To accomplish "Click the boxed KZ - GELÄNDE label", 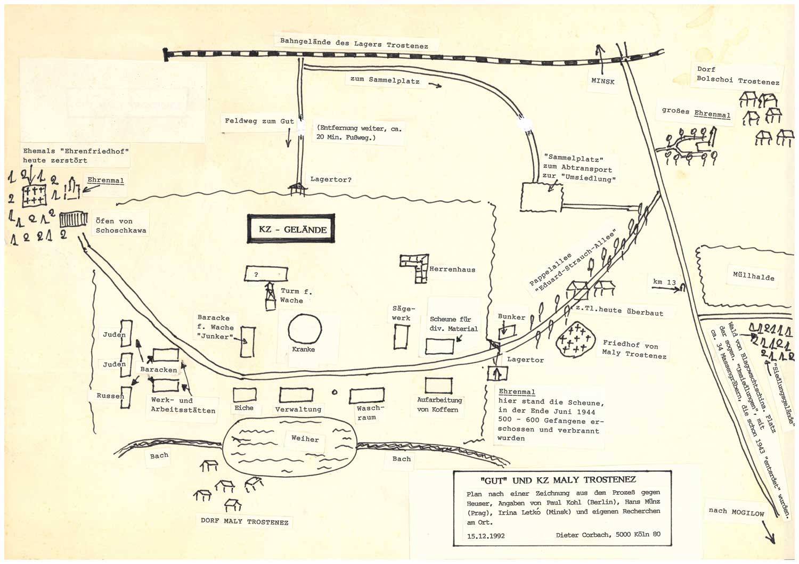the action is pyautogui.click(x=291, y=228).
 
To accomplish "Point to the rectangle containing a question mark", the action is pyautogui.click(x=266, y=274).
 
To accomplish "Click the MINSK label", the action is pyautogui.click(x=603, y=81).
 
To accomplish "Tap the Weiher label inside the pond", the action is pyautogui.click(x=305, y=438).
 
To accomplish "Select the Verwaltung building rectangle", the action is pyautogui.click(x=296, y=395).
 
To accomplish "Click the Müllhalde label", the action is pyautogui.click(x=753, y=276).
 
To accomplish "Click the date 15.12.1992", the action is pyautogui.click(x=486, y=535).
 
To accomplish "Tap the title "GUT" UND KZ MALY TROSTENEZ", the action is pyautogui.click(x=558, y=480).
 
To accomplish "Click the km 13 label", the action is pyautogui.click(x=664, y=282).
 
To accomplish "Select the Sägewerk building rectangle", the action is pyautogui.click(x=401, y=337).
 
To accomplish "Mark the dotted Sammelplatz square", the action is pyautogui.click(x=542, y=197).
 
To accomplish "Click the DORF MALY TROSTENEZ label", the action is pyautogui.click(x=244, y=521).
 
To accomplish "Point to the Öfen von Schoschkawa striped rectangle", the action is pyautogui.click(x=74, y=219).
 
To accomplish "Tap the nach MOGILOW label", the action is pyautogui.click(x=736, y=512).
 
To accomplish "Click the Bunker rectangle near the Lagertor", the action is pyautogui.click(x=507, y=331).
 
